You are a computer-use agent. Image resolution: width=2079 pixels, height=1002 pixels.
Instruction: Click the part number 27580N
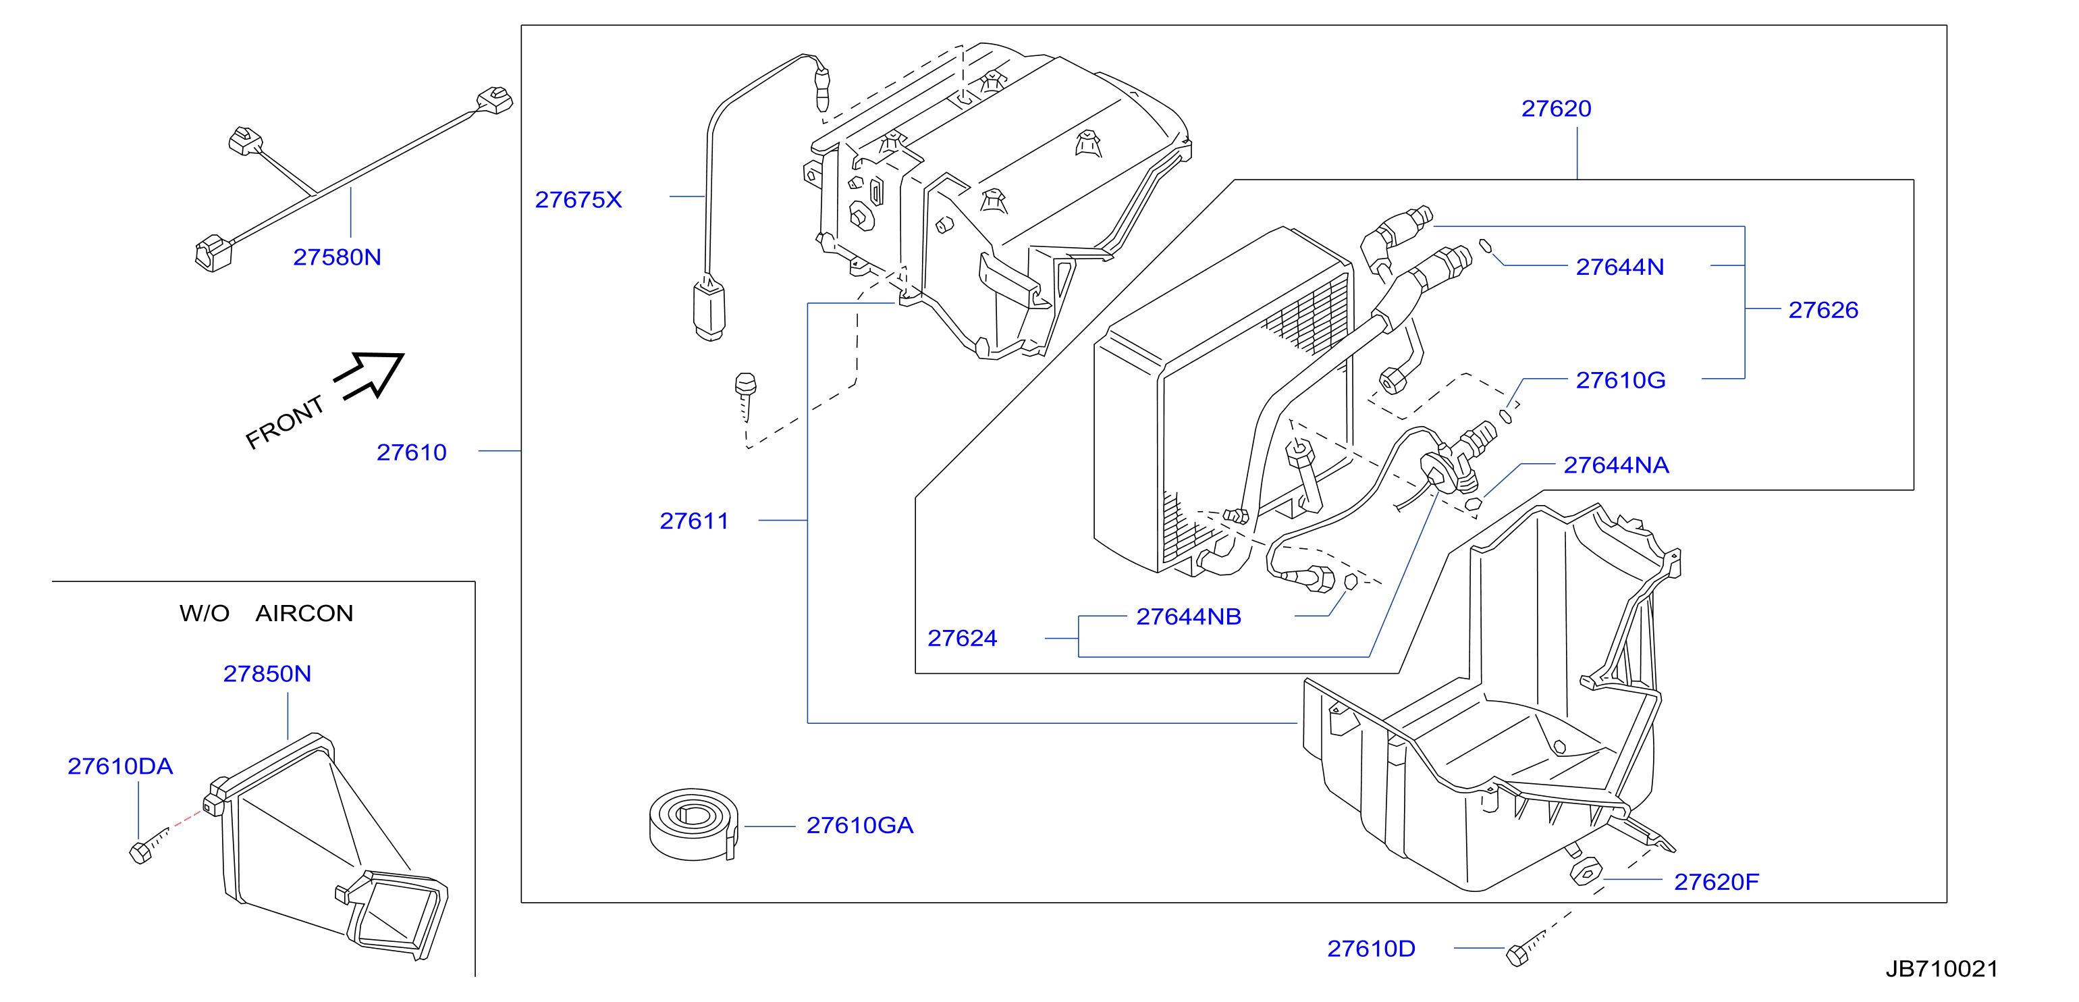click(337, 257)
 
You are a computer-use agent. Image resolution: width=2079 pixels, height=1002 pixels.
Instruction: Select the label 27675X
click(578, 199)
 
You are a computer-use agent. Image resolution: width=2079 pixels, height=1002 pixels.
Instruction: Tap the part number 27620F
click(1716, 882)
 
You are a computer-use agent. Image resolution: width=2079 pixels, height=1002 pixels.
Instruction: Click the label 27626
click(1823, 310)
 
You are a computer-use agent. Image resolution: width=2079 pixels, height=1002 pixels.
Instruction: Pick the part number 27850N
click(267, 673)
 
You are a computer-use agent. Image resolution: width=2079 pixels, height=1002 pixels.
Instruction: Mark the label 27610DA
click(120, 766)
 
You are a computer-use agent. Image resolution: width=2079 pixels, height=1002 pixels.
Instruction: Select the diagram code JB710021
click(1942, 969)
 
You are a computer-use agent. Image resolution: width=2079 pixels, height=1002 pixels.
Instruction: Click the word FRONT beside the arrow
click(284, 422)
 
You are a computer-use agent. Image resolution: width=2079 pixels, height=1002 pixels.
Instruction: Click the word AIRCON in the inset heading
click(304, 614)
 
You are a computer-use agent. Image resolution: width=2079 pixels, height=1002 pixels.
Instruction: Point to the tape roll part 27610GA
click(694, 825)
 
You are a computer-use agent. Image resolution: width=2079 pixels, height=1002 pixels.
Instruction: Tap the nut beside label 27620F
click(1585, 872)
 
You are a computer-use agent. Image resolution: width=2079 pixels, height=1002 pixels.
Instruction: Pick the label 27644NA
click(1616, 465)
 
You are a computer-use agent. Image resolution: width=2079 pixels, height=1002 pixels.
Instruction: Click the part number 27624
click(962, 639)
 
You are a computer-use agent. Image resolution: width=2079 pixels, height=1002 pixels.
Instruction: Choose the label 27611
click(694, 521)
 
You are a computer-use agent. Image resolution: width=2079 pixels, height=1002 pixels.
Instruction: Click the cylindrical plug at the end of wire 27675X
click(709, 311)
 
